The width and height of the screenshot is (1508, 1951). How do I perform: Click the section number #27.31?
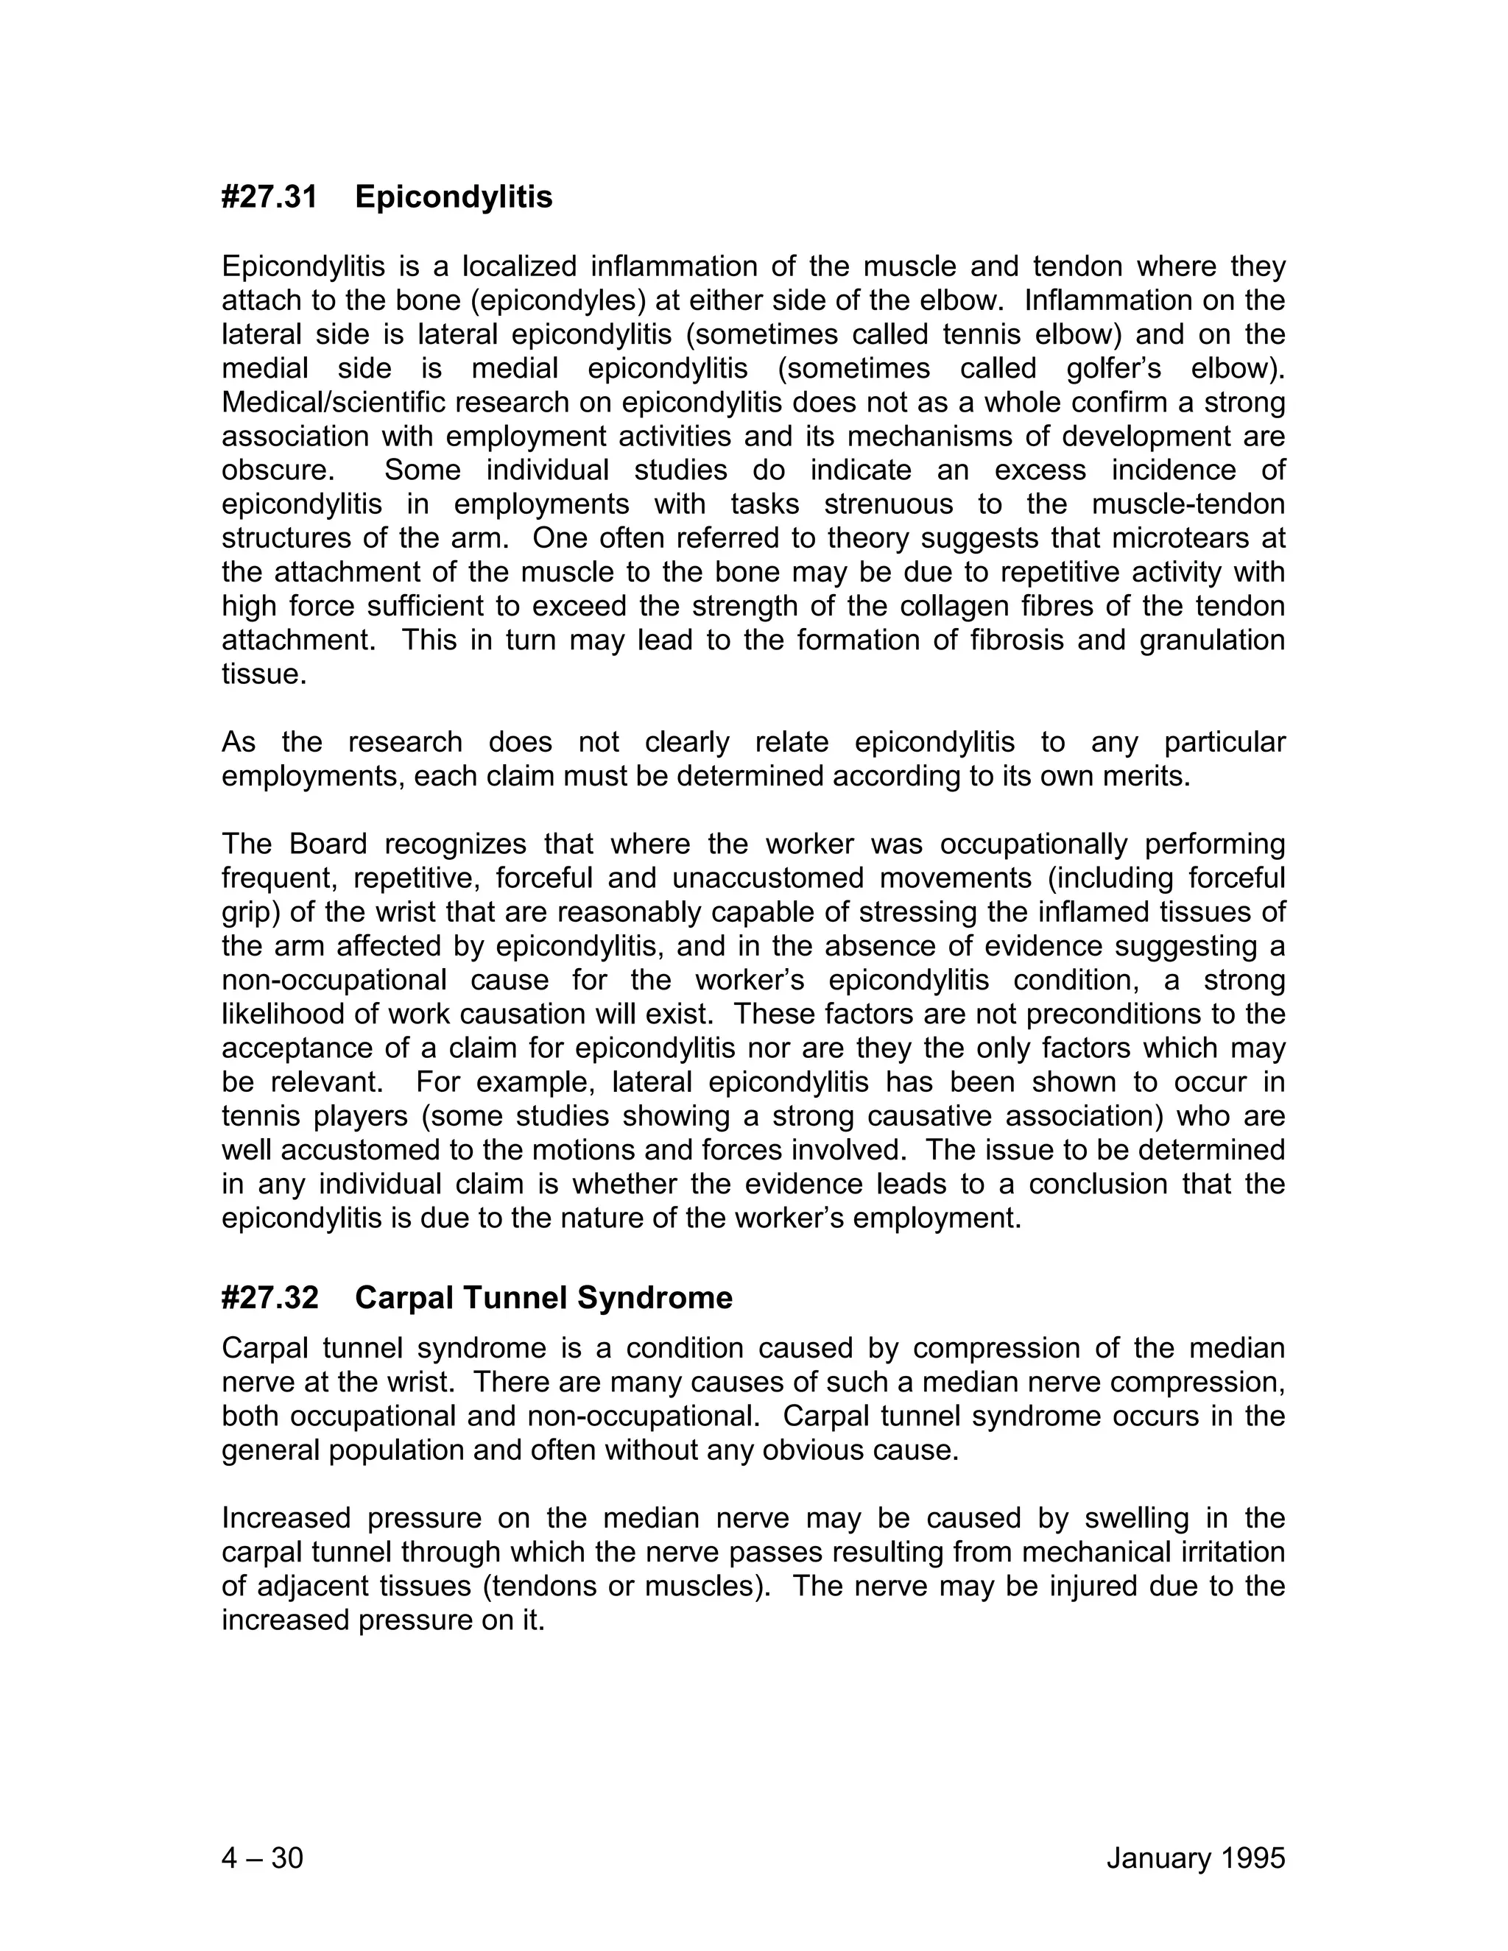pos(269,197)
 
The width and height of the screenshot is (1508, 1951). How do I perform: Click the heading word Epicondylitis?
pos(453,197)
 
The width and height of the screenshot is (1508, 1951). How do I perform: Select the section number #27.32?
pos(269,1297)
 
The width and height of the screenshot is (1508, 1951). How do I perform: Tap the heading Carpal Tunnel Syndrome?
pos(543,1297)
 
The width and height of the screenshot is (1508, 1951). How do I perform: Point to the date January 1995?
pos(1195,1858)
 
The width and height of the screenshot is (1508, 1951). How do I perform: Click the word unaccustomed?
pos(767,878)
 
